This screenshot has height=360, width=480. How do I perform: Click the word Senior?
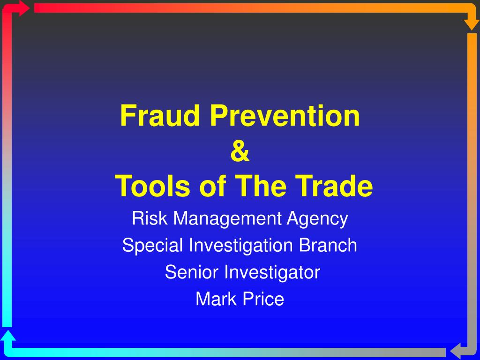click(x=192, y=272)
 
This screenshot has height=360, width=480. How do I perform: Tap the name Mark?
click(x=216, y=299)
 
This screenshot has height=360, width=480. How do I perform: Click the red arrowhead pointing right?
click(x=23, y=8)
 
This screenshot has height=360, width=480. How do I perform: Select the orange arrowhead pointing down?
click(x=472, y=25)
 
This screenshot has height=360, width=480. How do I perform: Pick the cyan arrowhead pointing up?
click(x=8, y=336)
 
